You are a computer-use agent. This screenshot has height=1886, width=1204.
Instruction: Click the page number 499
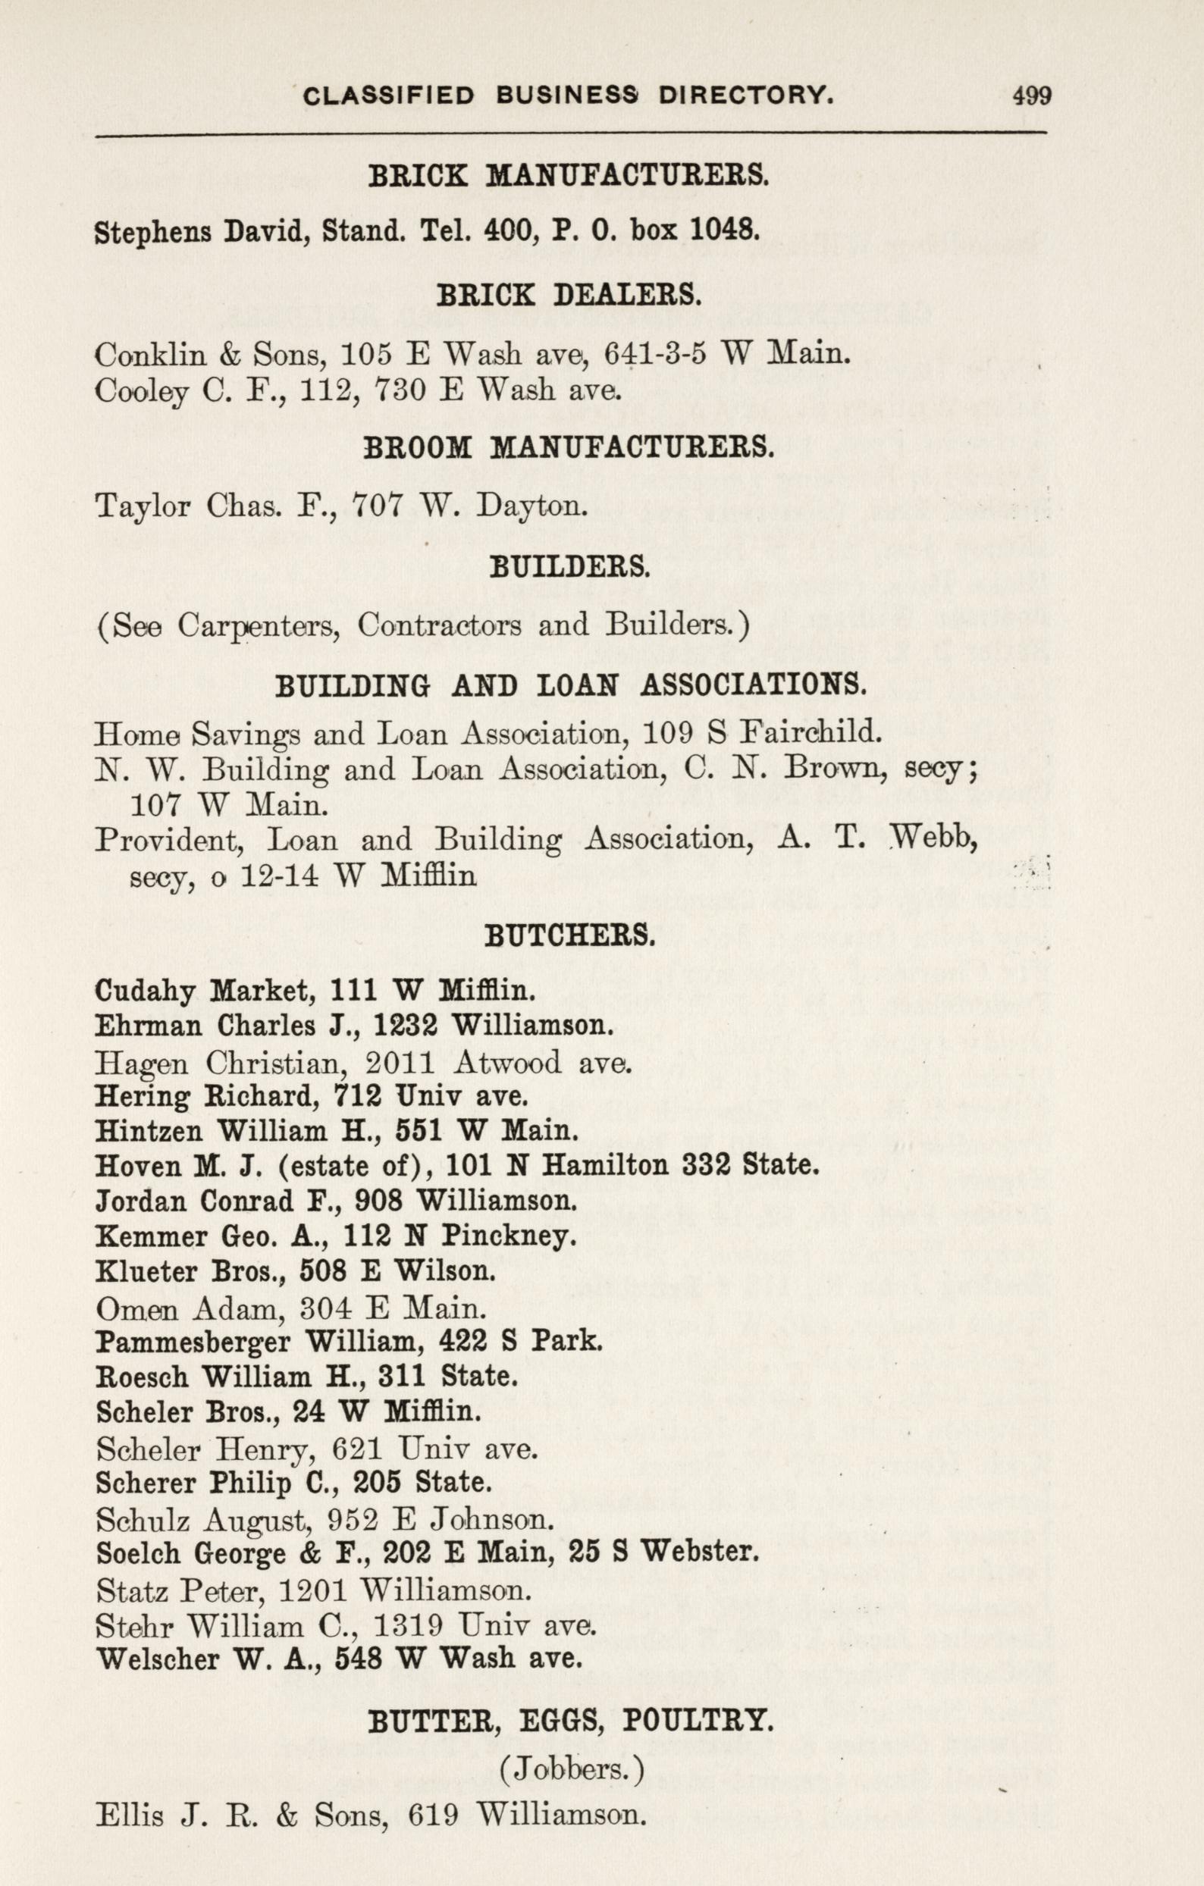click(x=1031, y=96)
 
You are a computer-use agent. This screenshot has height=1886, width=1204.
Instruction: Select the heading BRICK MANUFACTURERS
click(x=569, y=174)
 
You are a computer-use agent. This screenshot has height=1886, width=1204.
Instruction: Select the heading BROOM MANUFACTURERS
click(x=569, y=447)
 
